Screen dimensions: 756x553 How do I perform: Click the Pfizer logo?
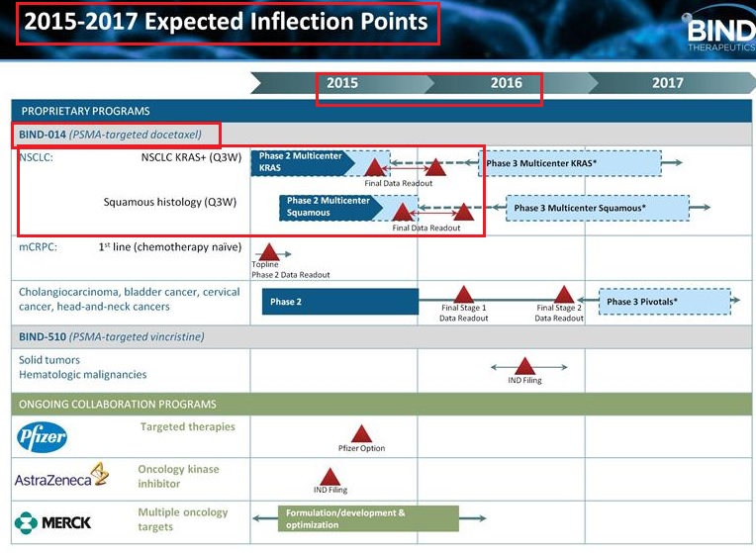click(42, 437)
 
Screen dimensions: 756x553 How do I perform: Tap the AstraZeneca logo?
click(61, 476)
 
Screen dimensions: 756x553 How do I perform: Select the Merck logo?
click(52, 522)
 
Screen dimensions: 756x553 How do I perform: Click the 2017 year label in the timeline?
click(667, 83)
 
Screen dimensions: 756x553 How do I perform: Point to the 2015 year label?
click(342, 83)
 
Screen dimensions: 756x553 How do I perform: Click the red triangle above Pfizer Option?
click(361, 434)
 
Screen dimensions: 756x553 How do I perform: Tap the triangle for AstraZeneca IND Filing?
click(331, 477)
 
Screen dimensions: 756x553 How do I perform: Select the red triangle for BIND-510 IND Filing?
click(525, 366)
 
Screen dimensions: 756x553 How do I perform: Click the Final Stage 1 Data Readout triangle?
click(464, 295)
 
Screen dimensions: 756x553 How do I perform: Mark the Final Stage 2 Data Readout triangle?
click(564, 295)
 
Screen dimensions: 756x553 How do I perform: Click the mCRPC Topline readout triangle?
click(268, 252)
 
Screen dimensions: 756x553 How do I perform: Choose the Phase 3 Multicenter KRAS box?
click(570, 163)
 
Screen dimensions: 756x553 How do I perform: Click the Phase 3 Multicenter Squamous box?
click(598, 209)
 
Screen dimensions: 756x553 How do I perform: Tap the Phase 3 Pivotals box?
click(665, 302)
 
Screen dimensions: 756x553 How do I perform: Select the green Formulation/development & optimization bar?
click(368, 518)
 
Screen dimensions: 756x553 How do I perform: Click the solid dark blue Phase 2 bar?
click(340, 302)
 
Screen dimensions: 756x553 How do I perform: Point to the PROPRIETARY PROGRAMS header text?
click(86, 112)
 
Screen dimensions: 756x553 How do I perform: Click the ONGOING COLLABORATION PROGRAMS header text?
click(118, 405)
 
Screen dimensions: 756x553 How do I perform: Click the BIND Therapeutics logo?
click(719, 32)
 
